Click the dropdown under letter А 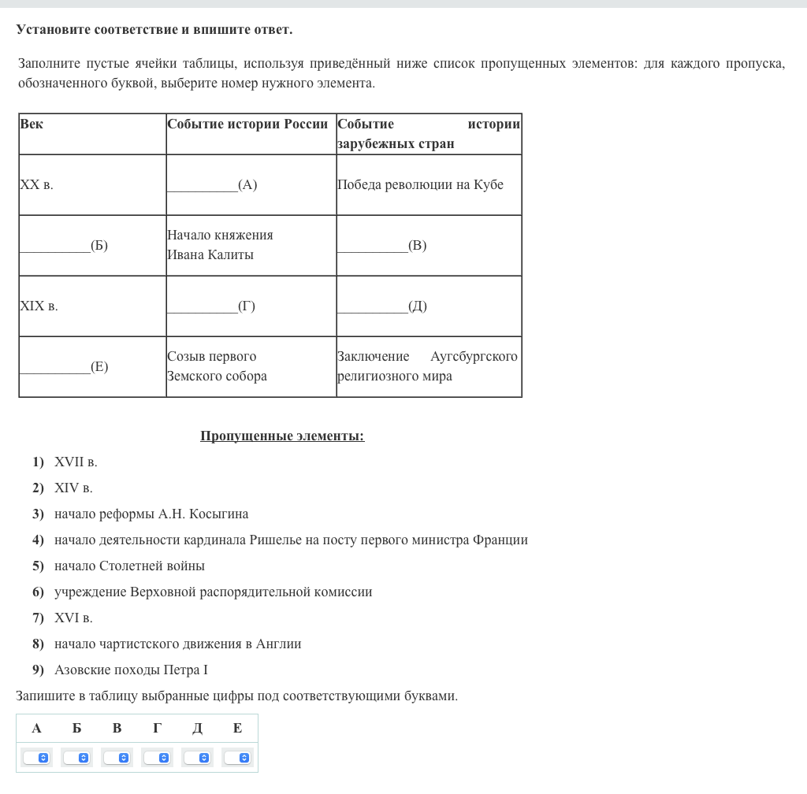pyautogui.click(x=36, y=758)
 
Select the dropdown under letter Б pyautogui.click(x=76, y=758)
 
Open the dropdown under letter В pyautogui.click(x=117, y=758)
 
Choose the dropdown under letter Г pyautogui.click(x=157, y=758)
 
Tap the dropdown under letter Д pyautogui.click(x=197, y=758)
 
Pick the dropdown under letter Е pyautogui.click(x=237, y=758)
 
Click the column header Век pyautogui.click(x=32, y=124)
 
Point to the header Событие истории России pyautogui.click(x=247, y=124)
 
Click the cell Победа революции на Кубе pyautogui.click(x=420, y=185)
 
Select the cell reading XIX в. pyautogui.click(x=39, y=306)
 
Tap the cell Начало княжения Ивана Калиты pyautogui.click(x=220, y=245)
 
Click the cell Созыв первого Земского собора pyautogui.click(x=217, y=366)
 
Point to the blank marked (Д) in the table pyautogui.click(x=382, y=306)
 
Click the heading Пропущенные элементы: pyautogui.click(x=282, y=436)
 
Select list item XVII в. pyautogui.click(x=76, y=462)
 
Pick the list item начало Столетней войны pyautogui.click(x=129, y=566)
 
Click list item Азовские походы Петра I pyautogui.click(x=131, y=670)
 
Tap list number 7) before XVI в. pyautogui.click(x=38, y=618)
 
